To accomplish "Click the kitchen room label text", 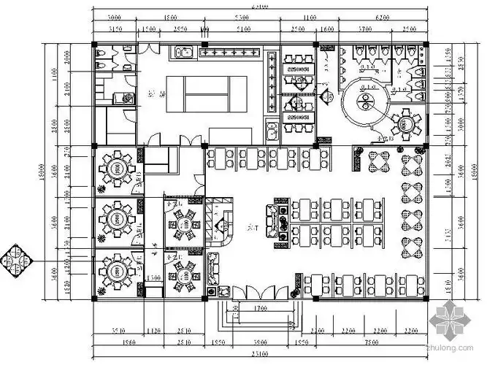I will pos(154,93).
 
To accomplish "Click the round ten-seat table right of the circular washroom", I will pos(405,122).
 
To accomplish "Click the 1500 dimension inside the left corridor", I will pos(153,279).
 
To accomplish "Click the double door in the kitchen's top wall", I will pos(150,47).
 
